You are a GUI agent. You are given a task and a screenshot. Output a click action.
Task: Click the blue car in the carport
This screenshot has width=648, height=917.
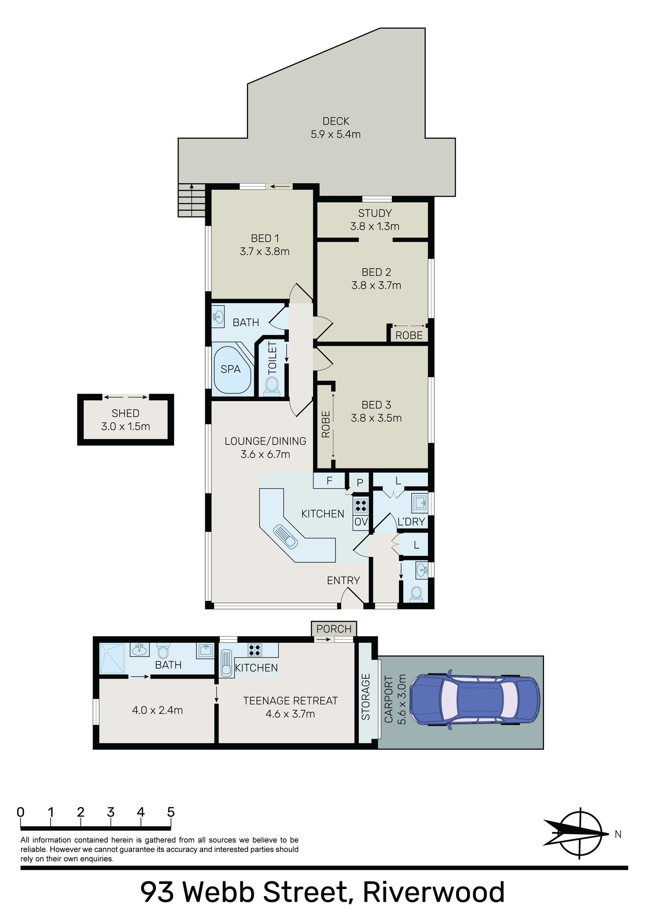tap(475, 700)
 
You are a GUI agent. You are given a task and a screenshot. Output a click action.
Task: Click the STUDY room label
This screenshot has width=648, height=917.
tap(375, 213)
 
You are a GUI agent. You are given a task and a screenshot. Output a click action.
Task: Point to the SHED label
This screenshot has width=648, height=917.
tap(126, 413)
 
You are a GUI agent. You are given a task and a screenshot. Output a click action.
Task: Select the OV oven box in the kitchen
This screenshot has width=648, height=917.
tap(361, 521)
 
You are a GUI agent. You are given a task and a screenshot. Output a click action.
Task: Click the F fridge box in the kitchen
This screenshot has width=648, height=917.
tap(329, 481)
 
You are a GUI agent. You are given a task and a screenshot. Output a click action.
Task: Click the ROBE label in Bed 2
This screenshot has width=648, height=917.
tap(409, 335)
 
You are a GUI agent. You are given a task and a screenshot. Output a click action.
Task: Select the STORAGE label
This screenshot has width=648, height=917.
tap(366, 697)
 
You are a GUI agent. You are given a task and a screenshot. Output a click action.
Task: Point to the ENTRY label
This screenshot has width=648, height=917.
tap(344, 580)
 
